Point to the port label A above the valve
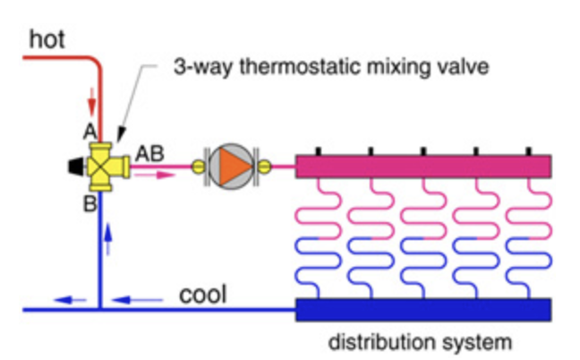(90, 132)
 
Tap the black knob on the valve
(72, 167)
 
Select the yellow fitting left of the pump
(200, 166)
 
